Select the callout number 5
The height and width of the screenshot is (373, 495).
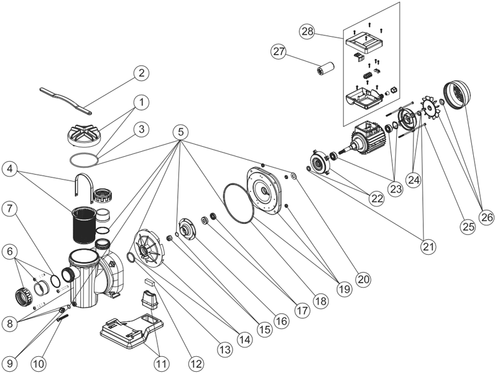182,132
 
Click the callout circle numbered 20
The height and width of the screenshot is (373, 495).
364,279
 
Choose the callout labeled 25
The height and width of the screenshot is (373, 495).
468,226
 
